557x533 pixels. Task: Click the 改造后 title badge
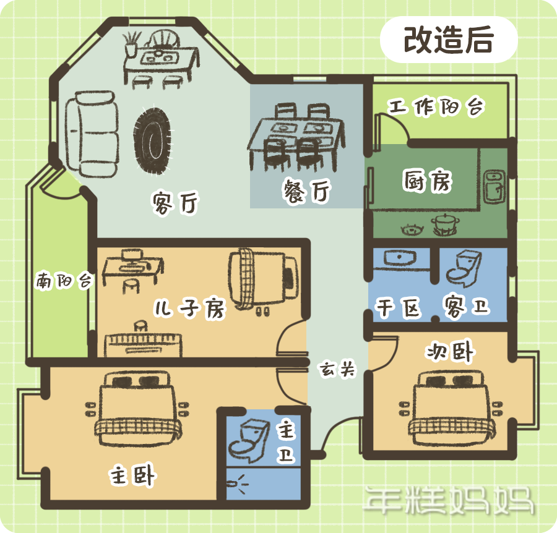tap(449, 40)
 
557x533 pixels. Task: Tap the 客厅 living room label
tap(176, 203)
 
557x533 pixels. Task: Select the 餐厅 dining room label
tap(307, 191)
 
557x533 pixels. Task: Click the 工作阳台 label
tap(436, 106)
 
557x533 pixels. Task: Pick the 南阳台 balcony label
tap(64, 281)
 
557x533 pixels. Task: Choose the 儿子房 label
tap(190, 308)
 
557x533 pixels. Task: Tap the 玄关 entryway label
tap(337, 369)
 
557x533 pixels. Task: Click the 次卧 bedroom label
tap(450, 351)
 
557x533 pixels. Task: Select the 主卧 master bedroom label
tap(132, 475)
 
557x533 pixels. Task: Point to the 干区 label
tap(398, 307)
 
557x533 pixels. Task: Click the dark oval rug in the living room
tap(153, 140)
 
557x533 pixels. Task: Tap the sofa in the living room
tap(92, 134)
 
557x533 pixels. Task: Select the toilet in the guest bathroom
tap(464, 268)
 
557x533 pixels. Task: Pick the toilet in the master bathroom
tap(249, 440)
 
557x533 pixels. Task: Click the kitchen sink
tap(494, 187)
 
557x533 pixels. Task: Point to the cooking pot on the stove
tap(445, 224)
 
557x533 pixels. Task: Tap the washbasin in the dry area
tap(400, 257)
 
